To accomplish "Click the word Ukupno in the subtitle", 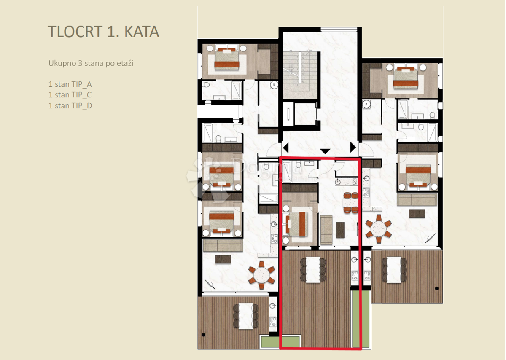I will pyautogui.click(x=61, y=63).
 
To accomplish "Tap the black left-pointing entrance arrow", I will pyautogui.click(x=285, y=148).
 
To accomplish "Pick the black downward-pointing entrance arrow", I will pyautogui.click(x=325, y=151).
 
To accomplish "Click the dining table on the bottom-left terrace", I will pyautogui.click(x=245, y=316).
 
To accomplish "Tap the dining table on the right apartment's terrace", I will pyautogui.click(x=395, y=270).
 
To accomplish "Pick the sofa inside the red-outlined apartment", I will pyautogui.click(x=326, y=230).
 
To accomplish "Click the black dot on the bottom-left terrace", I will pyautogui.click(x=204, y=336).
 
